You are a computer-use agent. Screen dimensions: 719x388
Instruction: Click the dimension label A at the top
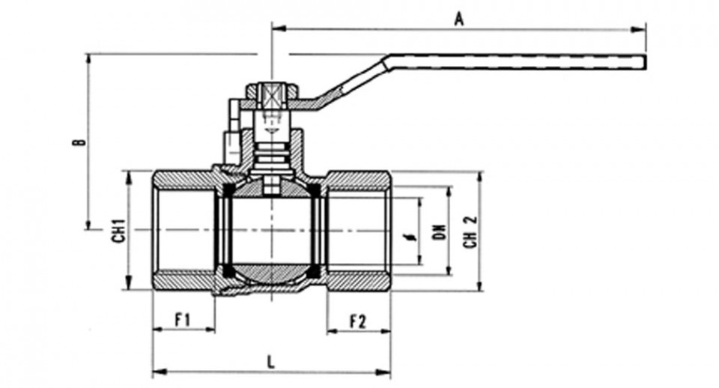458,19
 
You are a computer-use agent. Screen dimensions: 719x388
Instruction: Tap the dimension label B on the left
79,142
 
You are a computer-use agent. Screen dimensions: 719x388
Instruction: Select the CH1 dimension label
119,231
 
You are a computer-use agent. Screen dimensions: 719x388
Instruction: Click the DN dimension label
440,232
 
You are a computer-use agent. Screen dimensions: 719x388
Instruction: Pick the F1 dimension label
183,320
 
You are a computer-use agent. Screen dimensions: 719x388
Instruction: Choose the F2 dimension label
358,321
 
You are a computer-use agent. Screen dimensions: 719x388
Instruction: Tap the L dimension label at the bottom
271,363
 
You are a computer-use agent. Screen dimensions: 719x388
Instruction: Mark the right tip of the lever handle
646,62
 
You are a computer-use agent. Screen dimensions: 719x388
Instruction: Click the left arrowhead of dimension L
159,372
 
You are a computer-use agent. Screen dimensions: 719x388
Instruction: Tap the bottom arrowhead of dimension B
87,223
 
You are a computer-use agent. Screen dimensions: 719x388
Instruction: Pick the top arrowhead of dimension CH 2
479,178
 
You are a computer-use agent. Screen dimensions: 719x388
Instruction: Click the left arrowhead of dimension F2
334,331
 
